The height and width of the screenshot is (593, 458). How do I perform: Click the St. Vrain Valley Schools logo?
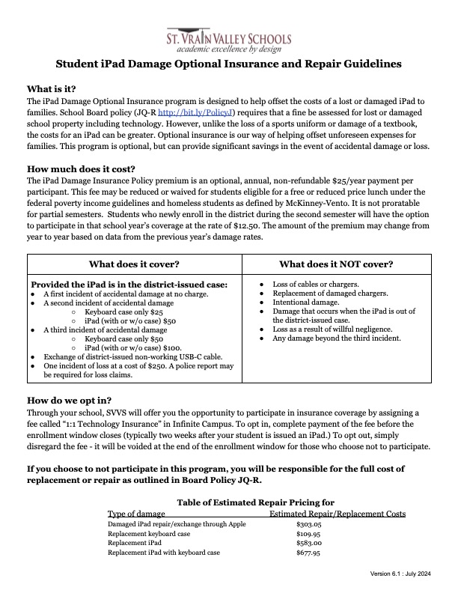[x=229, y=40]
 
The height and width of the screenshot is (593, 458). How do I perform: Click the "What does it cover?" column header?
[x=134, y=264]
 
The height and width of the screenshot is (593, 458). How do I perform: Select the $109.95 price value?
[x=309, y=535]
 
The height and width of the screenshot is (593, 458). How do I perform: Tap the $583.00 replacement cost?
[x=309, y=544]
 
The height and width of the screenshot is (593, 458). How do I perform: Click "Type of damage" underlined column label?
[x=136, y=514]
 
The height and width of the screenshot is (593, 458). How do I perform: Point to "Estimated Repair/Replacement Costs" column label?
[x=337, y=514]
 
